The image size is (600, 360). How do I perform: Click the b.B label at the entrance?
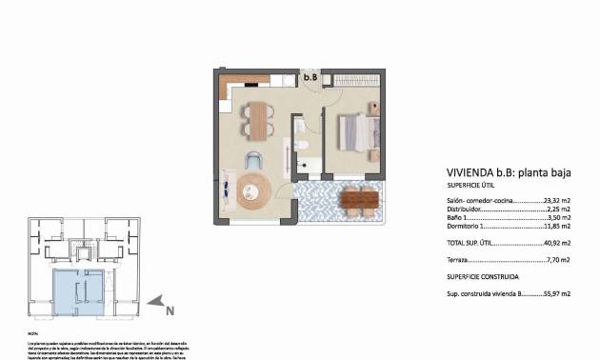coord(310,76)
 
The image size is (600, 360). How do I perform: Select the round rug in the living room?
coord(254,190)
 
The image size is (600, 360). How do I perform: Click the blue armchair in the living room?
coord(254,160)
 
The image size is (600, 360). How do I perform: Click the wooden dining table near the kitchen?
coord(255,118)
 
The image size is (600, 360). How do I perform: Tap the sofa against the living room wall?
coord(230,190)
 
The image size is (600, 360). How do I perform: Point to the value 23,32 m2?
coord(555,202)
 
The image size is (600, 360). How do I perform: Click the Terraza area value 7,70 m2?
coord(557,259)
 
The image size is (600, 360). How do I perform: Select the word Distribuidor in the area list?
coord(464,210)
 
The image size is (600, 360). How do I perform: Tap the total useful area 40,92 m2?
coord(555,243)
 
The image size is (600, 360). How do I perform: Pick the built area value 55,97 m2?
coord(555,295)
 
